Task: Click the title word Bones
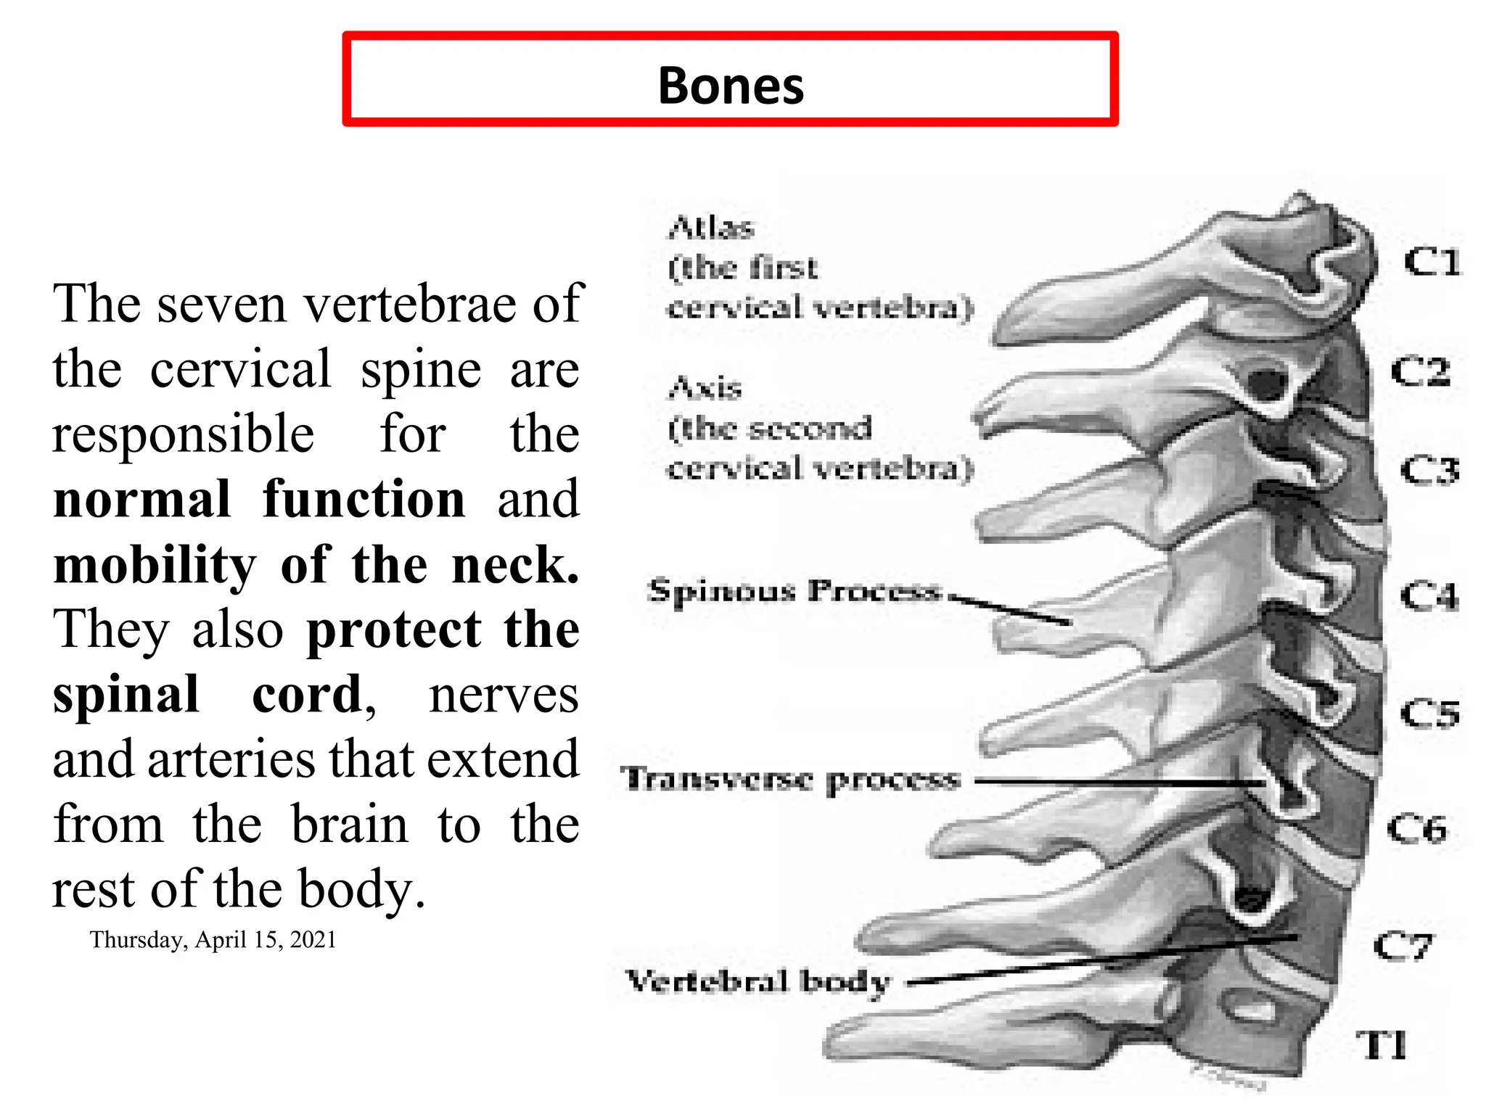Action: coord(731,86)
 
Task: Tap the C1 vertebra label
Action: coord(1431,262)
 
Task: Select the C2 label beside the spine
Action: coord(1420,371)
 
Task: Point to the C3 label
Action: coord(1429,471)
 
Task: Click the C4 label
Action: coord(1429,596)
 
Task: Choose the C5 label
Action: coord(1429,714)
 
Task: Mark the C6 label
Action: coord(1416,828)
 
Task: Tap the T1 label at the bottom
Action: coord(1382,1045)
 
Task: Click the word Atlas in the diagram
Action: coord(711,228)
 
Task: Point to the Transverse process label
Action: coord(790,780)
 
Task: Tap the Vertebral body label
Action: coord(758,981)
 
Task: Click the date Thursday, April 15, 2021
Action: coord(213,940)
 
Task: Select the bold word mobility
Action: coord(155,565)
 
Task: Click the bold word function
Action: coord(364,500)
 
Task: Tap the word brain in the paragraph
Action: coord(350,825)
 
